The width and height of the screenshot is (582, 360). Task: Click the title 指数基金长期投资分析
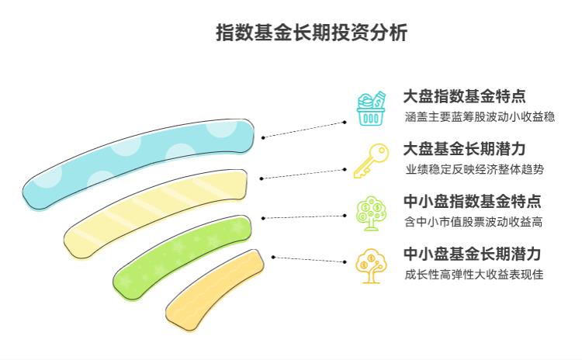click(x=311, y=33)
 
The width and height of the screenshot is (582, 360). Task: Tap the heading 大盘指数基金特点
click(x=464, y=96)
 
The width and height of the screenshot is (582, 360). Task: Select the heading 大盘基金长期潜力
click(x=464, y=148)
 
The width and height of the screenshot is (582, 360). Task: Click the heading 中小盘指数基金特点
click(x=472, y=201)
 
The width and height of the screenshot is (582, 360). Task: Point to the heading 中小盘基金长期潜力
click(x=472, y=254)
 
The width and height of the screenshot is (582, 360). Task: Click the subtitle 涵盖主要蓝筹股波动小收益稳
click(x=480, y=117)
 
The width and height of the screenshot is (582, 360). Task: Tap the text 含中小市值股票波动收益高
click(x=473, y=222)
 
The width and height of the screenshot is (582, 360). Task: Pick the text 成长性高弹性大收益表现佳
click(x=473, y=274)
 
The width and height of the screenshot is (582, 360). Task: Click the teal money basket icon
click(x=370, y=109)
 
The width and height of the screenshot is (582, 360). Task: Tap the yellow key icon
click(x=369, y=161)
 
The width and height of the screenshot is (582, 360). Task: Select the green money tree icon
click(x=370, y=213)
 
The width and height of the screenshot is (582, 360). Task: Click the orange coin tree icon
click(x=369, y=265)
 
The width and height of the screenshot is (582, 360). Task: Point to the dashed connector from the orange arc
click(x=309, y=259)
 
